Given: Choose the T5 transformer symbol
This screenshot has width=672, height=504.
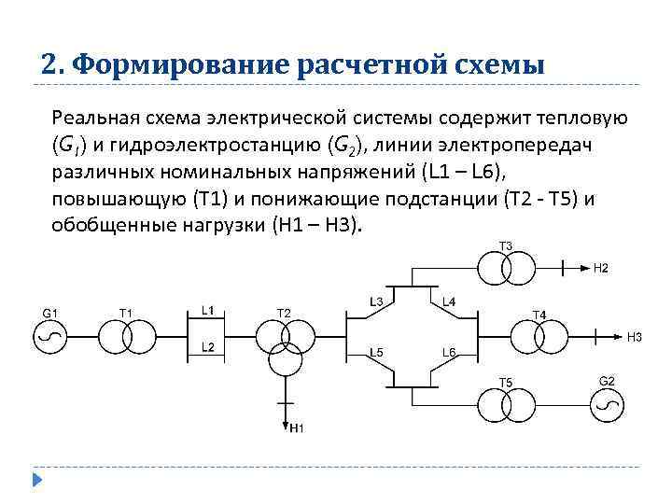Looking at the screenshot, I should point(506,404).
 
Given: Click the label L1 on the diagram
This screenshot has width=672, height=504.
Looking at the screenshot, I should point(208,310).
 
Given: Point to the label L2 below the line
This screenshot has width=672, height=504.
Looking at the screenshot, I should point(208,347).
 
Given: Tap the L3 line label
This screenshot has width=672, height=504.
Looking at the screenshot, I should point(377,301).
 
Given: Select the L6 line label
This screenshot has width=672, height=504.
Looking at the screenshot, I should point(448,352).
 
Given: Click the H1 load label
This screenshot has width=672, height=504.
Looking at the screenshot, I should point(297,428).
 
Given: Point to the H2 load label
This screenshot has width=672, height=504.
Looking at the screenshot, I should point(601,269).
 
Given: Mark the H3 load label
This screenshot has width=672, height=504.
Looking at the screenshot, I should point(634,336).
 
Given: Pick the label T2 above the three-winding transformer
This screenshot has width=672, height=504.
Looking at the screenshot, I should point(284,311).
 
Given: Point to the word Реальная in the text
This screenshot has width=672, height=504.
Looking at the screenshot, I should point(91,119).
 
